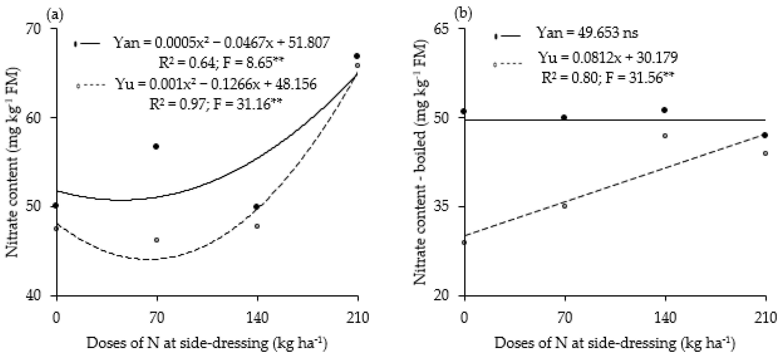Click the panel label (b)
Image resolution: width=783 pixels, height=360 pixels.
[x=463, y=14]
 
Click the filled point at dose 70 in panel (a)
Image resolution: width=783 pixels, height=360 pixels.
[x=156, y=146]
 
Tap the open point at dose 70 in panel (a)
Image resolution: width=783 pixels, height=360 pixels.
[x=157, y=240]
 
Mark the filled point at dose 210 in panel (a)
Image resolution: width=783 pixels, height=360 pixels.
[x=357, y=56]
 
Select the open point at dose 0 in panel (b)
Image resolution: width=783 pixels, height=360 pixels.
[x=464, y=242]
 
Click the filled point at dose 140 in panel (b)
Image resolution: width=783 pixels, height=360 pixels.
[x=665, y=110]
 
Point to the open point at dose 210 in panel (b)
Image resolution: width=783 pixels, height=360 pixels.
[x=766, y=153]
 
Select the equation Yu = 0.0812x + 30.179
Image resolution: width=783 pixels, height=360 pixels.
[x=608, y=58]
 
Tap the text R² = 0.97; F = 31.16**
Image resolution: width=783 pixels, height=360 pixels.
[x=216, y=104]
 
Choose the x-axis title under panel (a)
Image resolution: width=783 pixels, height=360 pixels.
[x=207, y=343]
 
